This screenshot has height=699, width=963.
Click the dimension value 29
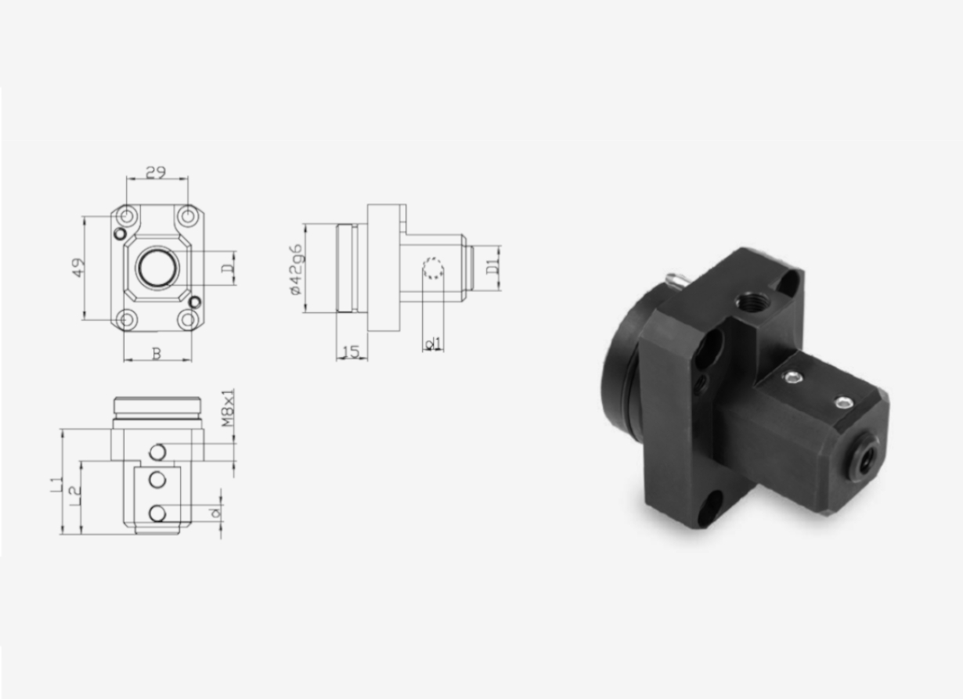[156, 172]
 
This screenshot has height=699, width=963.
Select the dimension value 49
[78, 268]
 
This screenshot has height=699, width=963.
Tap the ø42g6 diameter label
[298, 269]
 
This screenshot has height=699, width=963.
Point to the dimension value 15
[352, 352]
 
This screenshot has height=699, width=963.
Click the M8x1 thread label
[228, 408]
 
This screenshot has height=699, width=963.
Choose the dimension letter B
[157, 354]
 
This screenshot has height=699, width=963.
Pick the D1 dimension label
[492, 268]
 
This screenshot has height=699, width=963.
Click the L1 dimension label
[56, 484]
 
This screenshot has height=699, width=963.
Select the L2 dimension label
[75, 495]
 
